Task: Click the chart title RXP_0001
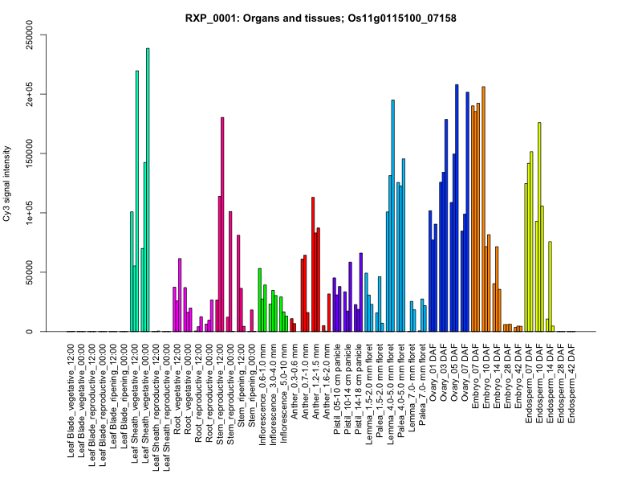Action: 321,18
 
